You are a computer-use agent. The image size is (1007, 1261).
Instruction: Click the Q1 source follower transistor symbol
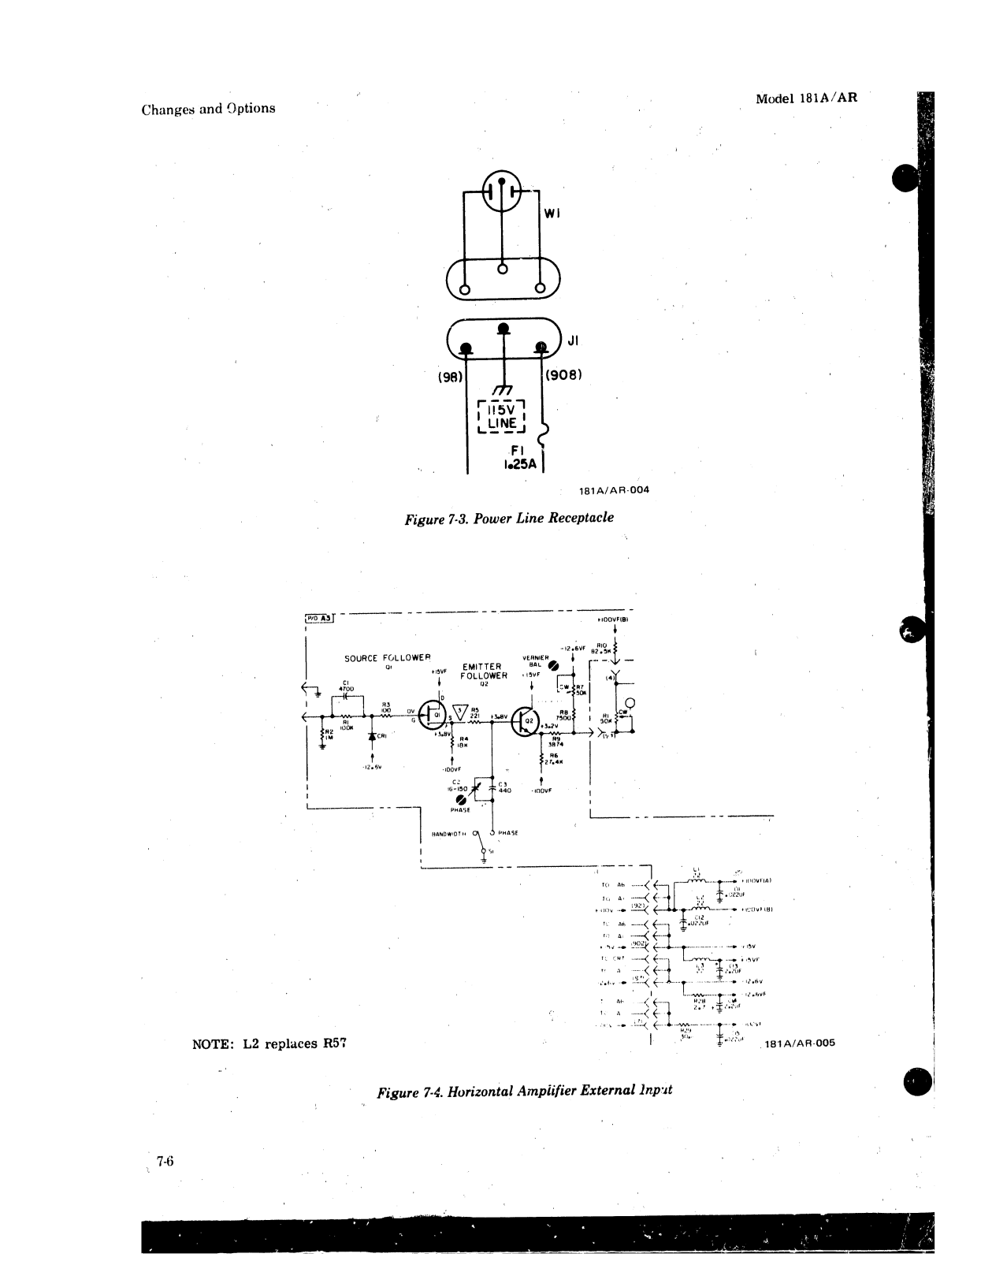(x=430, y=715)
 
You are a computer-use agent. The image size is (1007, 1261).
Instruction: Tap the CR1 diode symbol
(x=372, y=735)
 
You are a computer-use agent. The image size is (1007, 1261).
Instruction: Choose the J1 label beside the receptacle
(x=573, y=340)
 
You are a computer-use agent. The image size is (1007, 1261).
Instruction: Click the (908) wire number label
(x=563, y=374)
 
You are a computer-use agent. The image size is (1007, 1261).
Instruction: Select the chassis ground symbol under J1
(x=501, y=391)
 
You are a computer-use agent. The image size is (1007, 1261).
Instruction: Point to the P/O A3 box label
(x=320, y=618)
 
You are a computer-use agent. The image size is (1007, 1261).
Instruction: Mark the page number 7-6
(x=165, y=1161)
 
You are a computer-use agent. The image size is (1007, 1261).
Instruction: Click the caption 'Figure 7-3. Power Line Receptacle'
(x=508, y=518)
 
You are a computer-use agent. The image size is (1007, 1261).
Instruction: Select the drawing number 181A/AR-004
(x=614, y=489)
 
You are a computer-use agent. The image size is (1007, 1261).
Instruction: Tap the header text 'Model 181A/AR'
(x=806, y=99)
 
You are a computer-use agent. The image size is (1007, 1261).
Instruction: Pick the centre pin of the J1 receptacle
(x=501, y=328)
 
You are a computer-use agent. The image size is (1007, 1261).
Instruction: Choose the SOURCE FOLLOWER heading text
(x=387, y=657)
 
